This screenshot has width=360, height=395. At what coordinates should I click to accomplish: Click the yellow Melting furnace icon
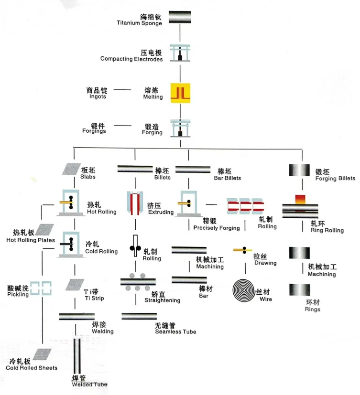(x=180, y=93)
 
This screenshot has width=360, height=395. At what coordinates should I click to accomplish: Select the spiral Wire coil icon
(x=243, y=290)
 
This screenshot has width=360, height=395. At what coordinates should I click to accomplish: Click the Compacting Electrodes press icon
(x=180, y=53)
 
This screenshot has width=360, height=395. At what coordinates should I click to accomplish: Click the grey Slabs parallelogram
(x=72, y=169)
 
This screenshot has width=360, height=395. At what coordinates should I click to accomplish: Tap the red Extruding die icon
(x=135, y=203)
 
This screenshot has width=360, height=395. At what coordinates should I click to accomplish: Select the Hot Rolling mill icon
(x=71, y=203)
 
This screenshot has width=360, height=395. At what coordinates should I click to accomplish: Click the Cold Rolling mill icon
(x=71, y=245)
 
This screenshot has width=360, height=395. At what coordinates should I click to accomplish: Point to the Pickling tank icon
(x=41, y=288)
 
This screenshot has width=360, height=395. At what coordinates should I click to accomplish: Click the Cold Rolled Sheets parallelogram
(x=42, y=355)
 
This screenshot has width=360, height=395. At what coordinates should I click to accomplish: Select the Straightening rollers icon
(x=138, y=282)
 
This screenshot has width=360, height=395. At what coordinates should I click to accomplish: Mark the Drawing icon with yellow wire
(x=242, y=250)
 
